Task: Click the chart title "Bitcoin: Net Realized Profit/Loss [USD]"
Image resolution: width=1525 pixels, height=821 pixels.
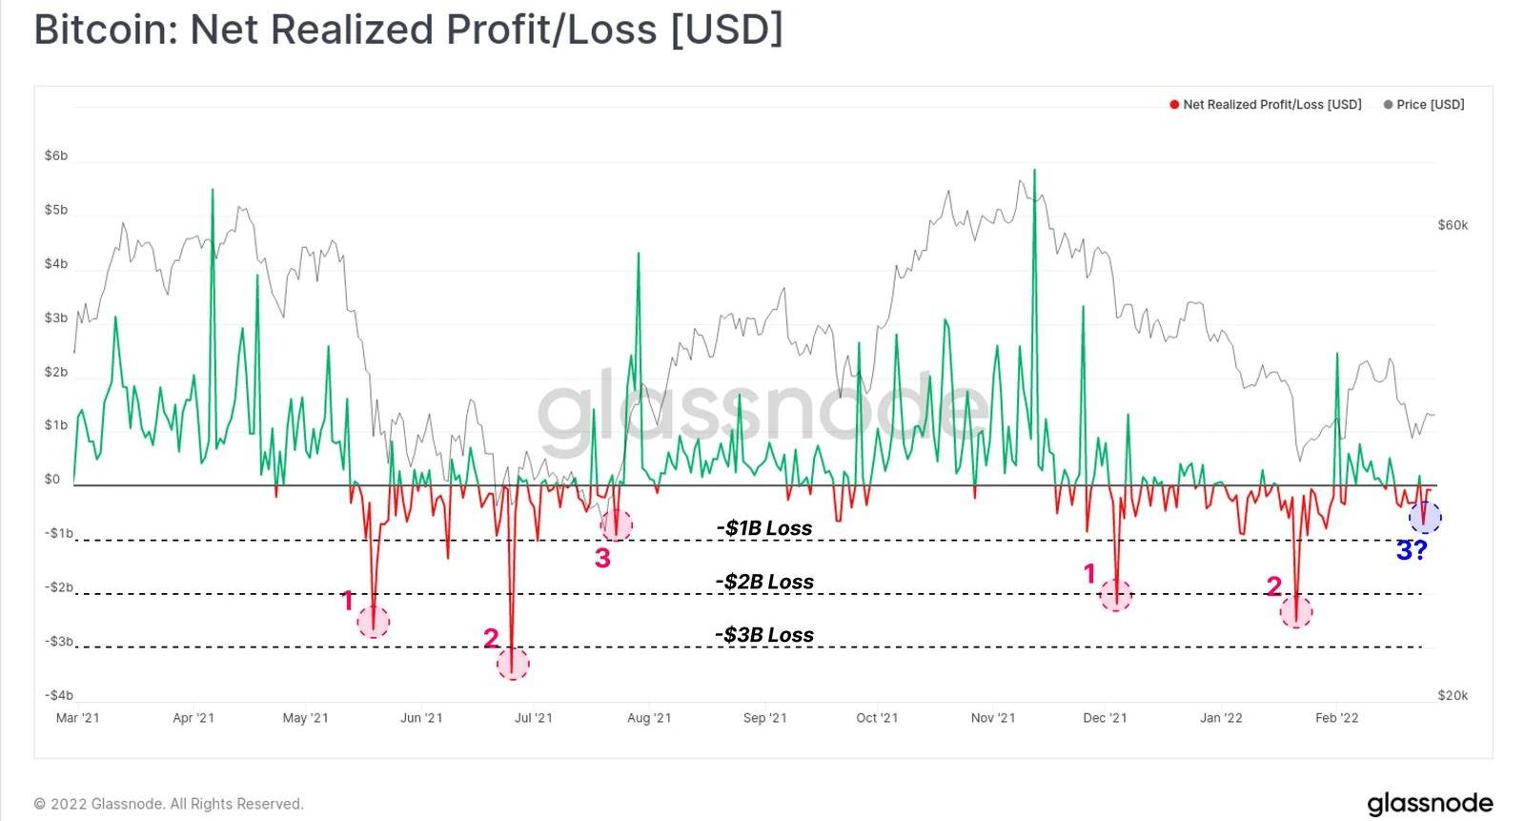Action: pyautogui.click(x=408, y=30)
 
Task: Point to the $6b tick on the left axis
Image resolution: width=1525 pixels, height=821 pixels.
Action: pyautogui.click(x=56, y=155)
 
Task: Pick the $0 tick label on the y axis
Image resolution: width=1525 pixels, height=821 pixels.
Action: pyautogui.click(x=51, y=480)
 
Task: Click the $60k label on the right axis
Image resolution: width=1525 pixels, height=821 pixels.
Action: pyautogui.click(x=1453, y=225)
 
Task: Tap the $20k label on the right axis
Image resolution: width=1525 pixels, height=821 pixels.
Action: pyautogui.click(x=1453, y=695)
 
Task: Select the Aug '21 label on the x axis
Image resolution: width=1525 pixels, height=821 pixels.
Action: pyautogui.click(x=649, y=718)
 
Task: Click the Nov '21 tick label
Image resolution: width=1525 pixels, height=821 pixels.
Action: pyautogui.click(x=993, y=718)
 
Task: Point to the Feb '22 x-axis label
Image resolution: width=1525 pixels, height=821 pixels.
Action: pyautogui.click(x=1337, y=718)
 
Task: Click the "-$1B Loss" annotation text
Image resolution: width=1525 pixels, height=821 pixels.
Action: pyautogui.click(x=764, y=528)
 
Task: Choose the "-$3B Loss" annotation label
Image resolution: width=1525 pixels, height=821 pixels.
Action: pyautogui.click(x=764, y=635)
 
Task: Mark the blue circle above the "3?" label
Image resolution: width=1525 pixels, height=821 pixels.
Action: pyautogui.click(x=1425, y=517)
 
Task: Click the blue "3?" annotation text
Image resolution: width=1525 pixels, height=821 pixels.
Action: pyautogui.click(x=1412, y=550)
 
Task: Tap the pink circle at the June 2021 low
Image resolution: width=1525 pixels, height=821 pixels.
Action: pyautogui.click(x=513, y=664)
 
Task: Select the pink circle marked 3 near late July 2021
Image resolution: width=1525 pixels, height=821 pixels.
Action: pyautogui.click(x=616, y=523)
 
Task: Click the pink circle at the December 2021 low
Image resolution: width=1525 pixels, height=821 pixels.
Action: pyautogui.click(x=1115, y=596)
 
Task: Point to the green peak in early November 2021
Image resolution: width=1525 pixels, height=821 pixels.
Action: pyautogui.click(x=1034, y=172)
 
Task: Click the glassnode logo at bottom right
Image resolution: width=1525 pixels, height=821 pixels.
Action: pyautogui.click(x=1430, y=803)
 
